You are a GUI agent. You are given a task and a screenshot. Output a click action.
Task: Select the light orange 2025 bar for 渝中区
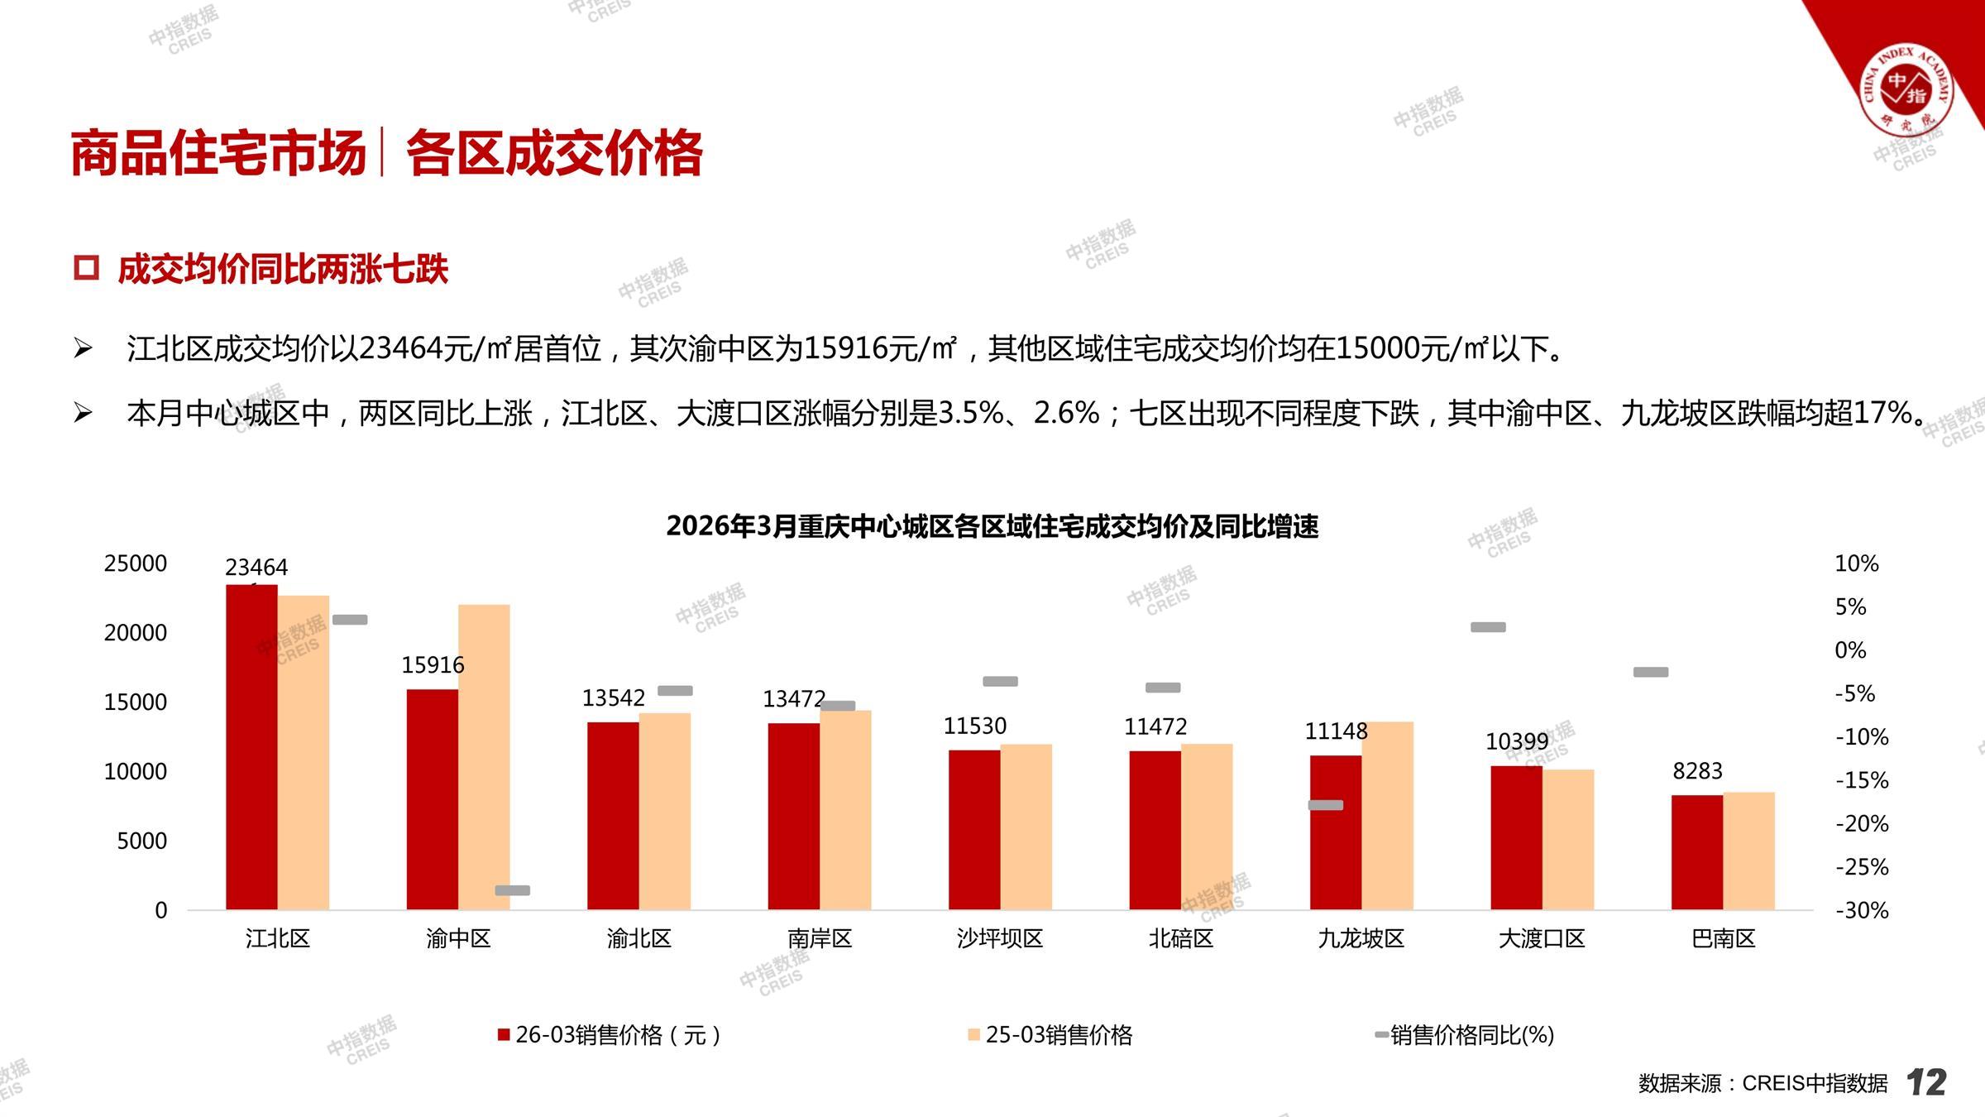(x=484, y=757)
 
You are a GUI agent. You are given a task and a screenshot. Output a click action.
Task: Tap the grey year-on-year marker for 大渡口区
(x=1488, y=627)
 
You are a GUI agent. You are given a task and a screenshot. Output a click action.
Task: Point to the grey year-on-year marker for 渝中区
(x=512, y=890)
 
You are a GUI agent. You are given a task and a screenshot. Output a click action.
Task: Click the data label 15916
(x=433, y=665)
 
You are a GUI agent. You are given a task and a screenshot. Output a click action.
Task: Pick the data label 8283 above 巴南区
(x=1697, y=771)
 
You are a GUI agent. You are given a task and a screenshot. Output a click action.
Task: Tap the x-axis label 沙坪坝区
(x=1000, y=938)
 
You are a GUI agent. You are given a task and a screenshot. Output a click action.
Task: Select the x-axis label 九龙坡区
(x=1361, y=938)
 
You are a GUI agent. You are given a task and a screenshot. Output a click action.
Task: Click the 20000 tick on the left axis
(x=135, y=633)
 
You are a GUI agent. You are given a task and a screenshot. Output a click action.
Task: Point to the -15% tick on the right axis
(x=1862, y=780)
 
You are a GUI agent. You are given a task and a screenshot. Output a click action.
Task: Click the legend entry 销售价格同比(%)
(x=1465, y=1035)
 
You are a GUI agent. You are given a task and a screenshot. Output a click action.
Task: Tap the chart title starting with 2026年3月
(x=992, y=526)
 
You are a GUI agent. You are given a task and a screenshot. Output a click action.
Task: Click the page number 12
(x=1926, y=1082)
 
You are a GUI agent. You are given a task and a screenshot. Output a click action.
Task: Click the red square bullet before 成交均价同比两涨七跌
(x=86, y=268)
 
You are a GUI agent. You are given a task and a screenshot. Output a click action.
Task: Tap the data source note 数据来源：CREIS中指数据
(x=1763, y=1083)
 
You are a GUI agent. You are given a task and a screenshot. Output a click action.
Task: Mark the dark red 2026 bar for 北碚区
(x=1155, y=830)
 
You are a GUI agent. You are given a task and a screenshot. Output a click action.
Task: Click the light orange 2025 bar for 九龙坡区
(x=1387, y=816)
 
